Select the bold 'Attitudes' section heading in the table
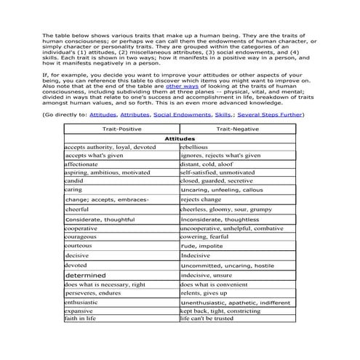point(180,137)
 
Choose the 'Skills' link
point(224,115)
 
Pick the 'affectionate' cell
point(85,164)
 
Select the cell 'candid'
point(79,180)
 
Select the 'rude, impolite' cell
point(201,247)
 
